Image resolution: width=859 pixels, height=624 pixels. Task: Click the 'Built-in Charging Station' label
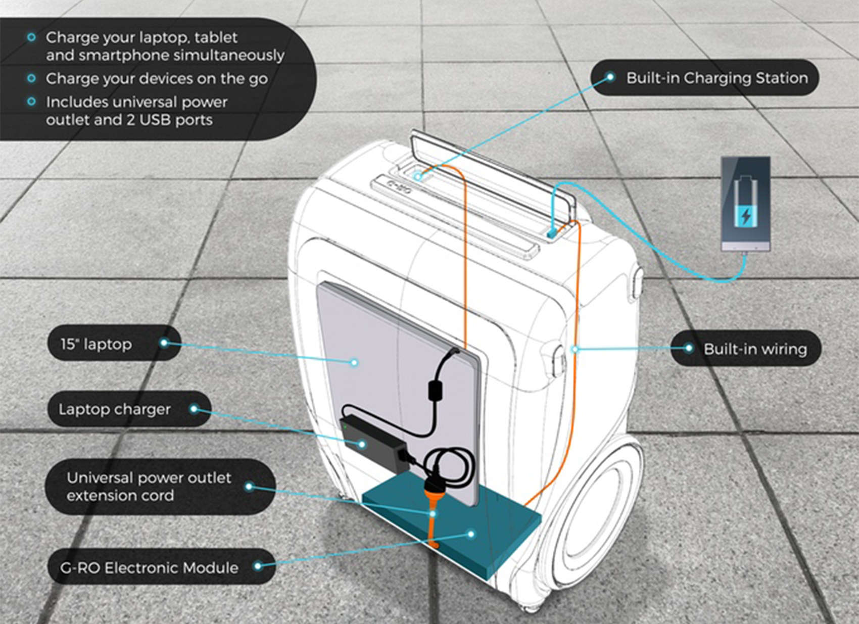pos(717,78)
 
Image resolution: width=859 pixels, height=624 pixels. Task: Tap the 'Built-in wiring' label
pos(755,349)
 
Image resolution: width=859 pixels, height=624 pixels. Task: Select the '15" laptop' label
pos(96,344)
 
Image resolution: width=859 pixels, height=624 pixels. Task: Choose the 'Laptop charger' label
pos(115,409)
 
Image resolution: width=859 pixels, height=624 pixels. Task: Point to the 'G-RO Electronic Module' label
pos(149,567)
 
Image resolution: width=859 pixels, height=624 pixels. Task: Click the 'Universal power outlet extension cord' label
pos(149,486)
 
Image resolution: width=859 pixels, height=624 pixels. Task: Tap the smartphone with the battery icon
pos(745,204)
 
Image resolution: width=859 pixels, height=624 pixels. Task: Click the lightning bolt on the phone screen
pos(745,216)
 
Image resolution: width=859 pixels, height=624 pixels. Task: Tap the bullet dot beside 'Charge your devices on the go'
pos(32,78)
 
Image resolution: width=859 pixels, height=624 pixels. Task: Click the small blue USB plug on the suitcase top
pos(551,233)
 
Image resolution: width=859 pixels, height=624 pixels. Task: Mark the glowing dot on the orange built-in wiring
pos(575,349)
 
